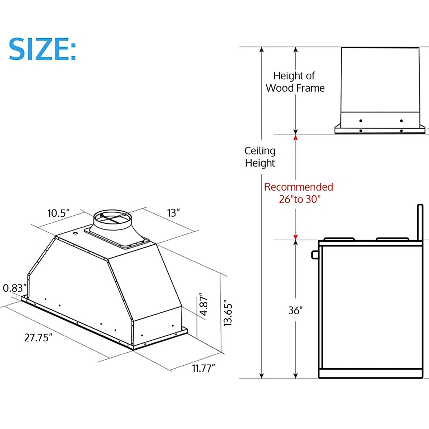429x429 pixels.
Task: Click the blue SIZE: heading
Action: [42, 49]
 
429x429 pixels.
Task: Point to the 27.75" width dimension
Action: [38, 337]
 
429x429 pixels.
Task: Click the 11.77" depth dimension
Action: [204, 368]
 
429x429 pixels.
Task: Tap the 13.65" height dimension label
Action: [228, 315]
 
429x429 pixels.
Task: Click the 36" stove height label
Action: [295, 310]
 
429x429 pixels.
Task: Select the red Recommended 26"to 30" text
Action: [299, 193]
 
